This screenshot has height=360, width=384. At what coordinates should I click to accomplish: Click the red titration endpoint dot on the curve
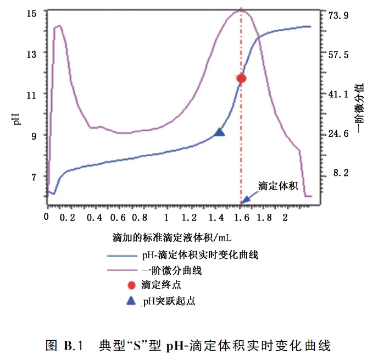pos(242,79)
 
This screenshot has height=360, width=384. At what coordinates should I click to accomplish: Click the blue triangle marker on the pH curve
pos(219,132)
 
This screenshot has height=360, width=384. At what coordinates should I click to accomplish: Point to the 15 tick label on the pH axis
pos(31,14)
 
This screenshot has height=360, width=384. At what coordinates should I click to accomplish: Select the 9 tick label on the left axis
pos(34,136)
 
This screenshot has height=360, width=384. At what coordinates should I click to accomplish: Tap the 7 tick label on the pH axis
pos(34,177)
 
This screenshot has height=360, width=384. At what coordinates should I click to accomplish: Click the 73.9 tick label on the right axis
pos(338,15)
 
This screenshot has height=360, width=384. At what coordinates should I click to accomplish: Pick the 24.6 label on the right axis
pos(338,134)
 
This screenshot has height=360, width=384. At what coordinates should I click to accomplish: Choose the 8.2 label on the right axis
pos(341,173)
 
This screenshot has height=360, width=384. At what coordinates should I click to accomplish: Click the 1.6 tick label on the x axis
pos(242,218)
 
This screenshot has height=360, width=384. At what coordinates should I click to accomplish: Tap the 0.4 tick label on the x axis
pos(94,218)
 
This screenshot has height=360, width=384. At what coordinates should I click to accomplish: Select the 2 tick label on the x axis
pos(285,217)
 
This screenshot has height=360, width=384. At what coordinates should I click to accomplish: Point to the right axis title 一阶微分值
pos(360,108)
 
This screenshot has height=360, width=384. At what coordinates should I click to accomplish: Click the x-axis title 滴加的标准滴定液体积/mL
pos(172,237)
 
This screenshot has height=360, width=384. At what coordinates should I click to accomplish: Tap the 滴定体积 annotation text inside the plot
pos(278,186)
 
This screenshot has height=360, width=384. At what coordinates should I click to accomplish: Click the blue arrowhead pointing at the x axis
pos(246,200)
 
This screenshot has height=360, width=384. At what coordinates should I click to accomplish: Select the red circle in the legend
pos(131,285)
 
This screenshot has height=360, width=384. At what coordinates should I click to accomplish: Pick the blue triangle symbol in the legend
pos(131,301)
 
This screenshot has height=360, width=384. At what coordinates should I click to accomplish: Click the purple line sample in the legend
pos(122,270)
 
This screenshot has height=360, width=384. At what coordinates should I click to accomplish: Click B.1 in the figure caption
pos(73,346)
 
